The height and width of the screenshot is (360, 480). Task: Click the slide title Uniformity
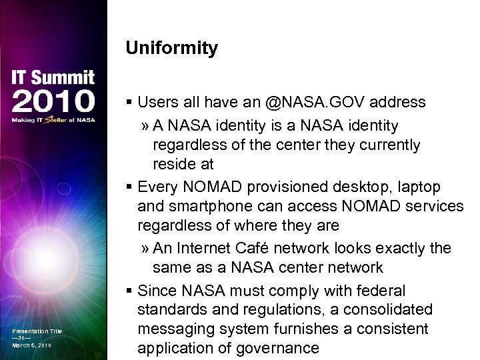point(171,49)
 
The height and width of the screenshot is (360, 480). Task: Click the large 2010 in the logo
point(53,101)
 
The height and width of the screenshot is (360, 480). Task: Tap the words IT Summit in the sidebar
point(53,77)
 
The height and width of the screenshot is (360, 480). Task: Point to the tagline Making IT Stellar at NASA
point(53,120)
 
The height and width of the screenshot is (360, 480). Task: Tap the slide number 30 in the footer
point(21,339)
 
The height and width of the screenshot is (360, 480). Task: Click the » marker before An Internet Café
point(145,248)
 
